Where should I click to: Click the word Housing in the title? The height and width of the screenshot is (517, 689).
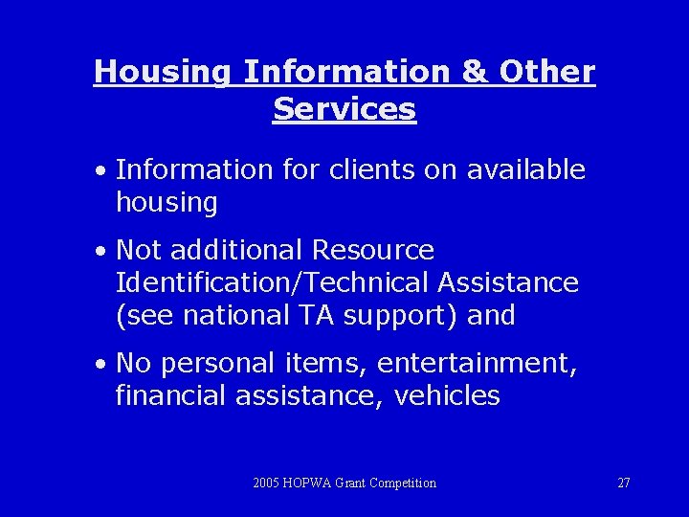point(162,73)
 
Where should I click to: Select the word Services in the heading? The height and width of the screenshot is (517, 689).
point(344,109)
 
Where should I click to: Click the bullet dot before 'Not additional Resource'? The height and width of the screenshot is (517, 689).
point(100,252)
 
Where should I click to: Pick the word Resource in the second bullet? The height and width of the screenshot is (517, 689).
point(373,250)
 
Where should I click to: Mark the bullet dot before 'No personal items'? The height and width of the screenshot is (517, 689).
point(100,365)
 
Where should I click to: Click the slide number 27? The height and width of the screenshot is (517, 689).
point(624,483)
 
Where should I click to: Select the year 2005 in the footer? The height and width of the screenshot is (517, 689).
point(267,483)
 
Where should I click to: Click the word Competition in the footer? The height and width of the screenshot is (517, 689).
point(404,483)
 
